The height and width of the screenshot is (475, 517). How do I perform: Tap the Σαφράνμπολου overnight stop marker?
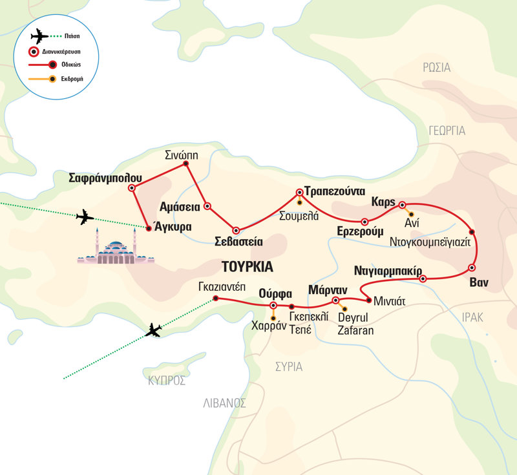(x=132, y=188)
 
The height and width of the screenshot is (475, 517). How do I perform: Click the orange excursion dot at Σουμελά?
(x=299, y=203)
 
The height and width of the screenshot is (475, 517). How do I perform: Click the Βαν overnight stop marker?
(x=472, y=268)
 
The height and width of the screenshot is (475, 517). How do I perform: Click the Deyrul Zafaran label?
(x=355, y=323)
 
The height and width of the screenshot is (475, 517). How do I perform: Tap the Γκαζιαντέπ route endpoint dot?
(x=216, y=298)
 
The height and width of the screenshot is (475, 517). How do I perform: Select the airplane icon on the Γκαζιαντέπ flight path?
(x=153, y=331)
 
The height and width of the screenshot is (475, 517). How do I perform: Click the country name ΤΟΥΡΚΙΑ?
(x=248, y=266)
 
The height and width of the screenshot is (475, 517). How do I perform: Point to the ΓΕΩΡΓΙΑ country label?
(x=446, y=130)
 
